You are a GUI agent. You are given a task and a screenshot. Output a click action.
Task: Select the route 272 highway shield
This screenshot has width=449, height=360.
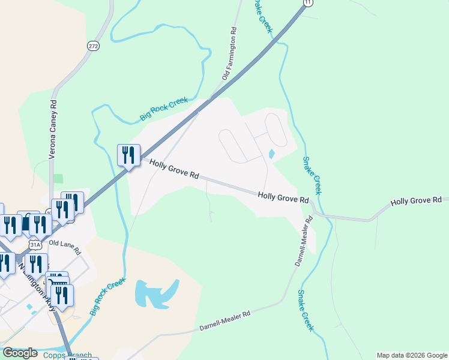pyautogui.click(x=92, y=45)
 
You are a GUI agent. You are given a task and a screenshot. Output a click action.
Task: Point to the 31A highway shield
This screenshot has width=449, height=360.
pyautogui.click(x=35, y=244)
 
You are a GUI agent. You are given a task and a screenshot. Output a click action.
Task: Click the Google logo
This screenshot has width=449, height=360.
pyautogui.click(x=20, y=353)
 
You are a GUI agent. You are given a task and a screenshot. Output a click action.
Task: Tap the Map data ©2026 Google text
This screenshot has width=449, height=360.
pyautogui.click(x=411, y=355)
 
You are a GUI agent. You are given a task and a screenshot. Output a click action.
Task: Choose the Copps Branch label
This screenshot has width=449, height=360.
pyautogui.click(x=68, y=355)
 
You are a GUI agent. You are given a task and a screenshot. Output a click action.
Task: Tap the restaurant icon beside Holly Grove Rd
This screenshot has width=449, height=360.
pyautogui.click(x=128, y=156)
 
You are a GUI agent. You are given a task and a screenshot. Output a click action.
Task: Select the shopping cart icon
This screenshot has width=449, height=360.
pyautogui.click(x=57, y=283)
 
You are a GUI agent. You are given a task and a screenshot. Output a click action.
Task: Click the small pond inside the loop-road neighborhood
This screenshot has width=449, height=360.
pyautogui.click(x=271, y=154)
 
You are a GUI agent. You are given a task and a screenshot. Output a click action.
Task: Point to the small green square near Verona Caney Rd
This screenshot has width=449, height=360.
pyautogui.click(x=58, y=178)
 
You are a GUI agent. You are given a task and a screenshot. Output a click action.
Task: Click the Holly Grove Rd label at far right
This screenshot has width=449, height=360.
pyautogui.click(x=415, y=201)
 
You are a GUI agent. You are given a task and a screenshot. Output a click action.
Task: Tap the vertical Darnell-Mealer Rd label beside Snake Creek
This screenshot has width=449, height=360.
pyautogui.click(x=304, y=242)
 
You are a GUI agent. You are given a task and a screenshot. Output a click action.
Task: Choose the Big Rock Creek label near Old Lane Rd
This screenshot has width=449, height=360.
pyautogui.click(x=107, y=296)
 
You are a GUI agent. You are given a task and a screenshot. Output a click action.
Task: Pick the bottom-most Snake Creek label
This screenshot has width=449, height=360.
pyautogui.click(x=306, y=310)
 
